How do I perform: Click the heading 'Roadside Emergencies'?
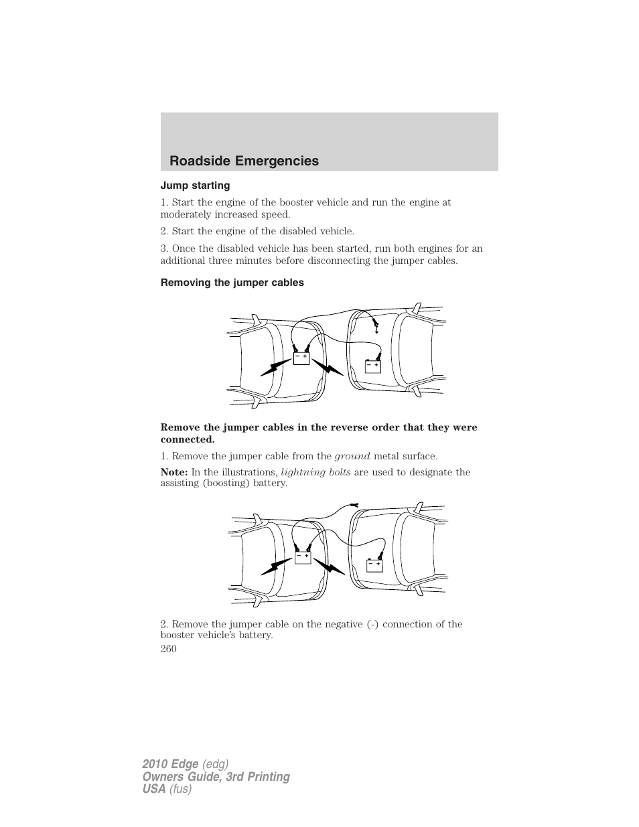[x=244, y=161]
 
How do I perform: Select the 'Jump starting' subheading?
[x=195, y=185]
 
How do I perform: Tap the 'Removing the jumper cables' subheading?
[x=232, y=283]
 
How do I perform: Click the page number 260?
[x=169, y=648]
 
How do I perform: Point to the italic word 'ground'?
[x=352, y=456]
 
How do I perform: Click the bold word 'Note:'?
[x=174, y=472]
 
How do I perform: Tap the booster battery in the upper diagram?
[x=301, y=358]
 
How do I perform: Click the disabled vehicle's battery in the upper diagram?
[x=372, y=366]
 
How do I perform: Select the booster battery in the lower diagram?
[x=303, y=557]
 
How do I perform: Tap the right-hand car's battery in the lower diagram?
[x=374, y=566]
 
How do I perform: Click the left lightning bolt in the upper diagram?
[x=275, y=367]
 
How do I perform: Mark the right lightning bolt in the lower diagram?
[x=330, y=568]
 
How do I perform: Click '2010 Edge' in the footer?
[x=170, y=764]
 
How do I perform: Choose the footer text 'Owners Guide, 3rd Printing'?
[x=216, y=777]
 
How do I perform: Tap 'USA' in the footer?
[x=153, y=790]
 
